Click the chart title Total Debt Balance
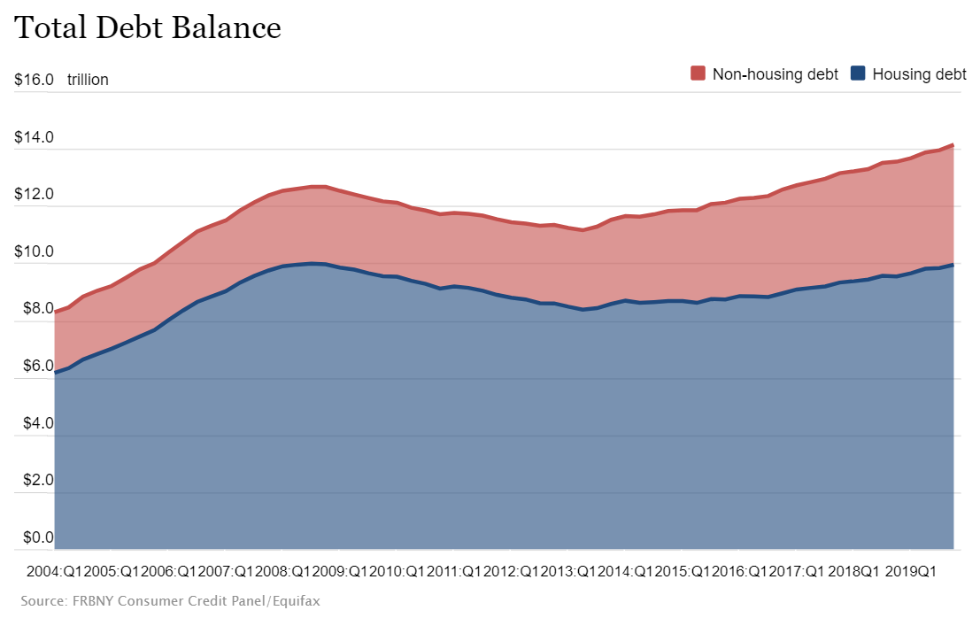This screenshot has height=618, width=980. click(148, 28)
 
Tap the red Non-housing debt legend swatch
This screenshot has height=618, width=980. click(698, 73)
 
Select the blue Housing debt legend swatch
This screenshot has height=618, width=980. click(857, 73)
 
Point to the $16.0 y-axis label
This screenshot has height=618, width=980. click(35, 80)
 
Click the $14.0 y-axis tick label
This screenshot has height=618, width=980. click(35, 137)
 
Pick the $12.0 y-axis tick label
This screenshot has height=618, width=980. click(35, 195)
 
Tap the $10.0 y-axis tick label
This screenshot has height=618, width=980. click(35, 252)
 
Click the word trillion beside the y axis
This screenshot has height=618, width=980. click(88, 80)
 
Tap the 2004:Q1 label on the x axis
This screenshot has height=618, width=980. click(54, 571)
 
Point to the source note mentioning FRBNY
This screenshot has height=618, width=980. click(171, 601)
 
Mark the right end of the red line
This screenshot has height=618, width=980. click(953, 144)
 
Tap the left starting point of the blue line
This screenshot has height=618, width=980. click(55, 373)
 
